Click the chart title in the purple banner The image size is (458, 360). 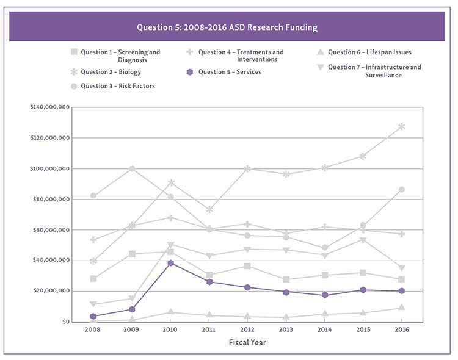[227, 27]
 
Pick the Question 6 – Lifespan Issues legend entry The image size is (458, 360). [366, 52]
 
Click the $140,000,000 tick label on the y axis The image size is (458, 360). [48, 107]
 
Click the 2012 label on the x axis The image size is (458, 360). [247, 329]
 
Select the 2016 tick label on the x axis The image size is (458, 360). [401, 329]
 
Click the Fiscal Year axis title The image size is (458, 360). [247, 343]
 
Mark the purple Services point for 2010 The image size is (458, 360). [171, 263]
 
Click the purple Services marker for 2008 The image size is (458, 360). [93, 316]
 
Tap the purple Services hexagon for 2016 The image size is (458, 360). [401, 290]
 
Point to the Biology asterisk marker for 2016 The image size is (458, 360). [401, 126]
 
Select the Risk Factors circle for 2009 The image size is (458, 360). [132, 168]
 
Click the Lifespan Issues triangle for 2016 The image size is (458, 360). [401, 308]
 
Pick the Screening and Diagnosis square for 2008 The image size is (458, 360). [93, 278]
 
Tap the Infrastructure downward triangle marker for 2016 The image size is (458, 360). [401, 268]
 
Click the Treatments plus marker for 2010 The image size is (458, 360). [171, 217]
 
